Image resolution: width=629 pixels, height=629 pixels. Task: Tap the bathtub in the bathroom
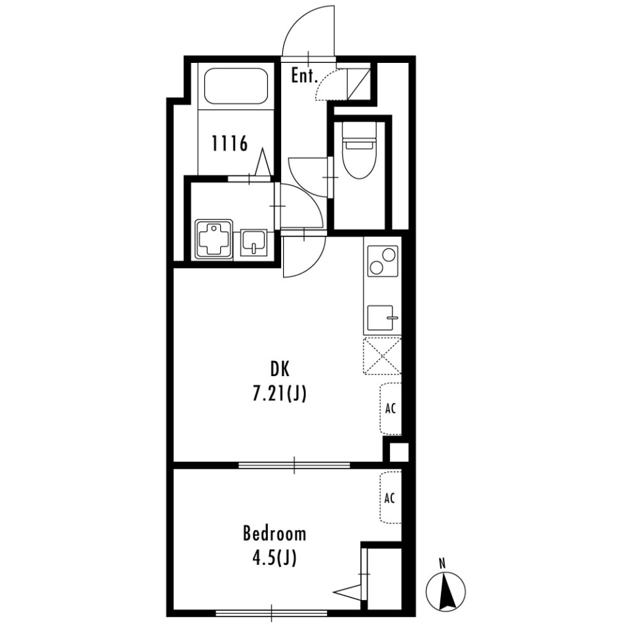[237, 86]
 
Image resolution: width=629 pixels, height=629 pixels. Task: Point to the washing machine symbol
[213, 240]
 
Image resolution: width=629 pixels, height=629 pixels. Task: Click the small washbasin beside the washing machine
[254, 242]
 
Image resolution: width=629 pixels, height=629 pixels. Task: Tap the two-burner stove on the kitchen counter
[382, 261]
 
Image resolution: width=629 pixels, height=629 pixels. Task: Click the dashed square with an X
[382, 356]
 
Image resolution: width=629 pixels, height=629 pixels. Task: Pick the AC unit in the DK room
[391, 409]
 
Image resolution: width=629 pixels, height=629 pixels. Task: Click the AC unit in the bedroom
[391, 498]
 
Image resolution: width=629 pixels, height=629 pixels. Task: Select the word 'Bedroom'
[274, 533]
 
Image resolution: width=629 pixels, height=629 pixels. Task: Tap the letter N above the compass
[442, 563]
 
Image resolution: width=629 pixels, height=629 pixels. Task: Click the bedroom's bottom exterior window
[271, 613]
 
